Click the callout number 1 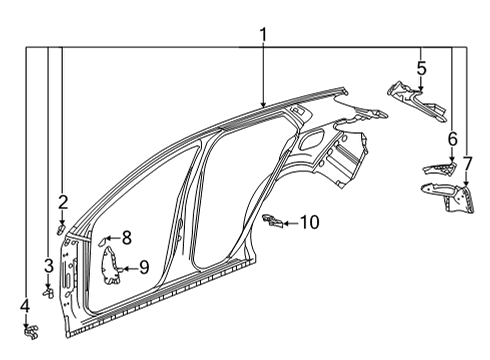coord(263,36)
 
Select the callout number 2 coord(62,201)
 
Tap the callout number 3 coord(48,265)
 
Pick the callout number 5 coord(421,69)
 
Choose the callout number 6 coord(452,139)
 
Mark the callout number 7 coord(467,164)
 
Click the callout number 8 coord(127,238)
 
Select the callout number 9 coord(144,267)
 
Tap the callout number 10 coord(309,222)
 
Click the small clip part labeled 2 coord(62,228)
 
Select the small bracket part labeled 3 coord(48,292)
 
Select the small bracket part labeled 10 coord(270,219)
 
